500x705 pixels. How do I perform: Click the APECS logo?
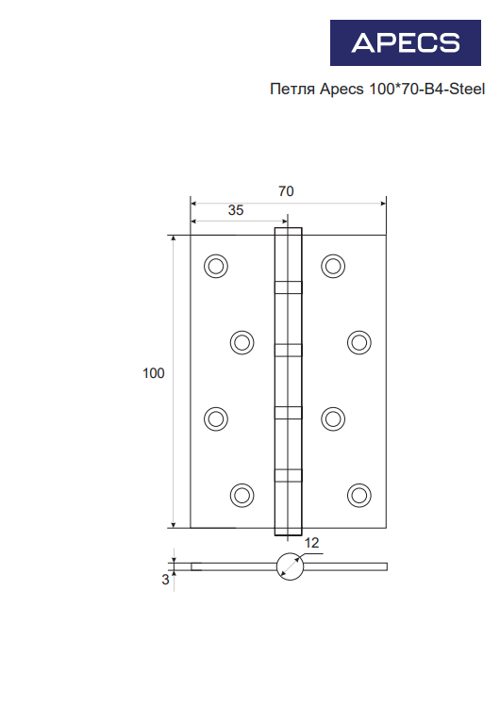tap(406, 42)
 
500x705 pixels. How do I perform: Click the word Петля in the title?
tap(293, 89)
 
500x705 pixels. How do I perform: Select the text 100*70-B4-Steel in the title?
tap(426, 89)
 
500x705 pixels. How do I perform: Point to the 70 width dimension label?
tap(286, 191)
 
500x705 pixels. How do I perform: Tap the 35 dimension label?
tap(236, 210)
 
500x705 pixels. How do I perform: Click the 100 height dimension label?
tap(154, 373)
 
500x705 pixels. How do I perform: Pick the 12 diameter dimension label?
tap(311, 543)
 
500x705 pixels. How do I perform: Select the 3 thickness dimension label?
tap(166, 580)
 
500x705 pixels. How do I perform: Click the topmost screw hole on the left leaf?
tap(216, 266)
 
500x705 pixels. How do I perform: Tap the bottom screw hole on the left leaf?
tap(242, 495)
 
